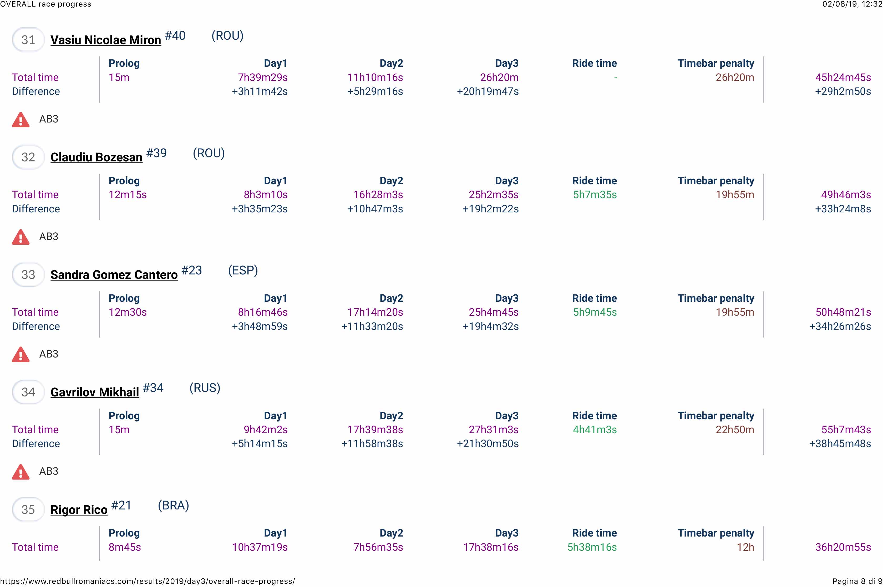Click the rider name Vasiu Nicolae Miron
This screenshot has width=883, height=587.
coord(106,40)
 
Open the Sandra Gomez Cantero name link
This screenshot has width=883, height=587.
coord(114,274)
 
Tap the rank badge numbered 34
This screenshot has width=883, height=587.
coord(28,392)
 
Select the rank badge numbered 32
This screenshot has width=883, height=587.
coord(28,157)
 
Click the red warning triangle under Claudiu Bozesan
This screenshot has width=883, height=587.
coord(21,237)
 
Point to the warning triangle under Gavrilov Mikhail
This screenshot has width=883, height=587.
coord(21,472)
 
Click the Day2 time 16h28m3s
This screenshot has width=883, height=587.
coord(378,195)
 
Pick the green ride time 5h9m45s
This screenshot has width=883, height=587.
coord(595,312)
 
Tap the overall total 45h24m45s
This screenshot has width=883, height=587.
coord(843,78)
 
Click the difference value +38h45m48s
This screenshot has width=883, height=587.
coord(840,444)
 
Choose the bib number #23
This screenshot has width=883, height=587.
coord(192,270)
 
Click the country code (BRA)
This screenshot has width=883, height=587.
coord(173,506)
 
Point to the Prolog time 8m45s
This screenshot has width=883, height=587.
coord(125,547)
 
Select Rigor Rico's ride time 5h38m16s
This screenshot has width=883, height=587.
coord(592,547)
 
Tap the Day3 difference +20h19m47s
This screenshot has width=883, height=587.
coord(488,91)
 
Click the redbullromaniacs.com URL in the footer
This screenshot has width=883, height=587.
coord(148,581)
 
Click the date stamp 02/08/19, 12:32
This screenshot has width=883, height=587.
coord(852,4)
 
